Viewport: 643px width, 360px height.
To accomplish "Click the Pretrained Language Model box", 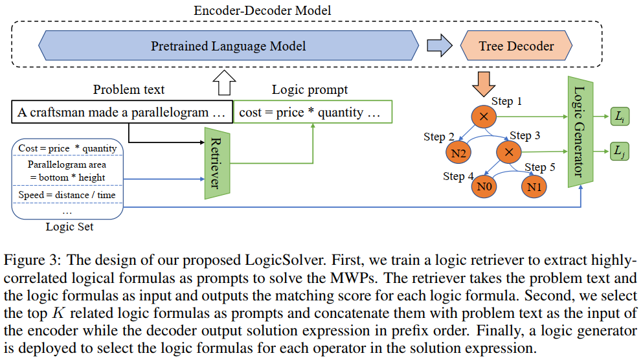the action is [229, 45].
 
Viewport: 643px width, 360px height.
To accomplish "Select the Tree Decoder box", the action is [516, 45].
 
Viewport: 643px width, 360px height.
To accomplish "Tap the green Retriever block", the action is [217, 163].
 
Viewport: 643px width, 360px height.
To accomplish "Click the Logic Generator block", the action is [580, 131].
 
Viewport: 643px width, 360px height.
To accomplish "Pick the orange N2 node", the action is [458, 153].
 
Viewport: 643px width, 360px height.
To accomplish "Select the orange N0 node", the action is [484, 186].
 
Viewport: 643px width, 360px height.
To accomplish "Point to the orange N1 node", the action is [534, 186].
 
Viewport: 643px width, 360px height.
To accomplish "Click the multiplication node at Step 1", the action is [484, 117].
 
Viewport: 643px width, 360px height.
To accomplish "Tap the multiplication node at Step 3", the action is [509, 152].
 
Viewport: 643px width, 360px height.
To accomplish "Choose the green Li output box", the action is [620, 116].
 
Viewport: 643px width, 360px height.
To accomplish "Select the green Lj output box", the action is [620, 152].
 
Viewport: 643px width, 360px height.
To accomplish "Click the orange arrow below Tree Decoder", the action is [484, 84].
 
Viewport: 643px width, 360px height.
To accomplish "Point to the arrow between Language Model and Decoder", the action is [440, 45].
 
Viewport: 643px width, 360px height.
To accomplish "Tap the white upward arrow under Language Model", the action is [225, 82].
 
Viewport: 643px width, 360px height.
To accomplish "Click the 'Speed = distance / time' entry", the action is [67, 195].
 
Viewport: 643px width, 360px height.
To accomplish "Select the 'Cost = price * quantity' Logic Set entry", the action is [67, 148].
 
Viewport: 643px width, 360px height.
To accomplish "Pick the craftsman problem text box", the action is [122, 112].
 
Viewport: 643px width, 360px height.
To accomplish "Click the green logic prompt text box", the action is [313, 112].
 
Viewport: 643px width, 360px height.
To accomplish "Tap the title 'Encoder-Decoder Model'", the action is [262, 10].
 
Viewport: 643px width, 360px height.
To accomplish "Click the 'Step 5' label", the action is [539, 167].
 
